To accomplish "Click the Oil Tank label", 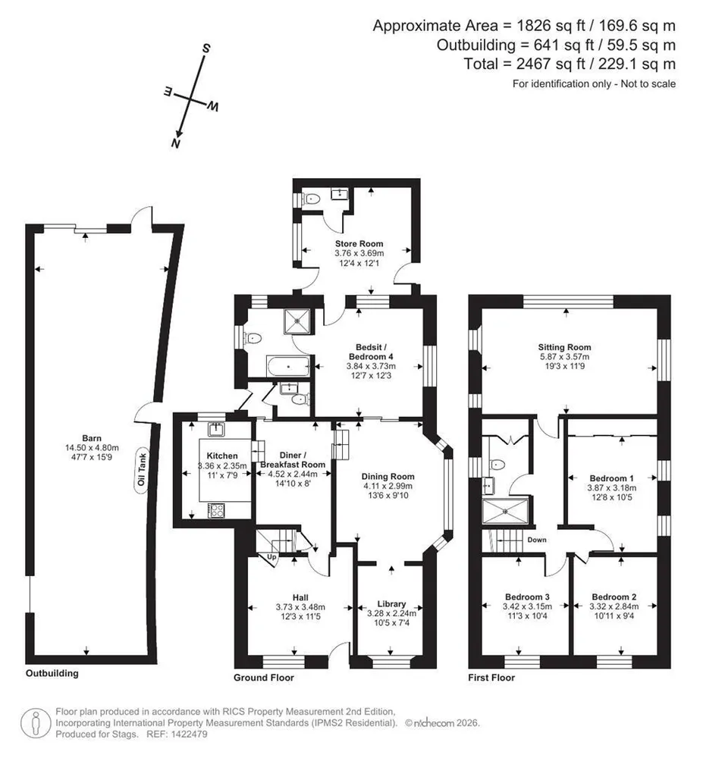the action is pyautogui.click(x=141, y=469).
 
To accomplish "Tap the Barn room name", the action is pyautogui.click(x=92, y=438).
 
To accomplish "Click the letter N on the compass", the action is pyautogui.click(x=175, y=143).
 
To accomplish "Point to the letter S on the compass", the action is pyautogui.click(x=206, y=48).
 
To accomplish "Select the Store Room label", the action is pyautogui.click(x=359, y=243).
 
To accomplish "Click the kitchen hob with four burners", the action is pyautogui.click(x=216, y=510).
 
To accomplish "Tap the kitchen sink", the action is pyautogui.click(x=215, y=429).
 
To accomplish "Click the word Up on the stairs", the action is pyautogui.click(x=271, y=557).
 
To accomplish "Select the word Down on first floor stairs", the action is pyautogui.click(x=537, y=540).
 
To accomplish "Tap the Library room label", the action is pyautogui.click(x=391, y=604).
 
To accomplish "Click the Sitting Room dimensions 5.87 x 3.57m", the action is pyautogui.click(x=565, y=357).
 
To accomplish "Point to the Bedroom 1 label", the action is pyautogui.click(x=612, y=478).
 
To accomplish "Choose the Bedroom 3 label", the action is pyautogui.click(x=528, y=597).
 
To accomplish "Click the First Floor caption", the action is pyautogui.click(x=491, y=678).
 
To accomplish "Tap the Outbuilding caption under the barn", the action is pyautogui.click(x=52, y=673).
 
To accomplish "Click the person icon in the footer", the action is pyautogui.click(x=36, y=723).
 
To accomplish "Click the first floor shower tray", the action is pyautogui.click(x=505, y=510).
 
